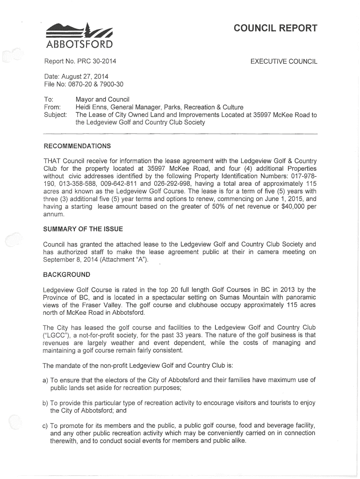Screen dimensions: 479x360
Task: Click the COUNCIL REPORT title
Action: pos(275,28)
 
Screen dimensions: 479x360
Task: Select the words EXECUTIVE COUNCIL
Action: pos(284,61)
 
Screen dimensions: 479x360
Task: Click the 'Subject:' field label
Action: pos(55,115)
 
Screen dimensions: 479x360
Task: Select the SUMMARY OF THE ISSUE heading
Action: pos(83,229)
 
